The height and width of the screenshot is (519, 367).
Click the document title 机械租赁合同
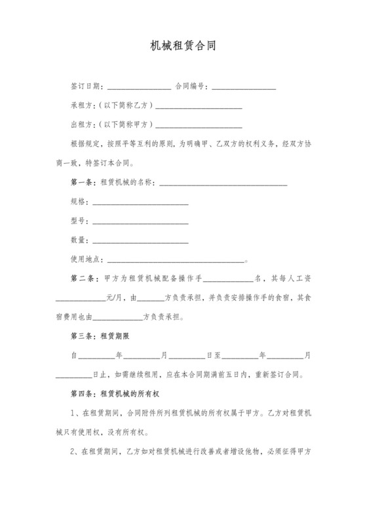point(183,47)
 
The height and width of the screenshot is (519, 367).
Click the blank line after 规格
point(140,203)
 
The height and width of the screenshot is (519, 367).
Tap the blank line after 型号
point(140,222)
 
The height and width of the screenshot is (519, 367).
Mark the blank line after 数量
point(140,241)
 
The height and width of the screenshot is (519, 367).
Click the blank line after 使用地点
point(174,260)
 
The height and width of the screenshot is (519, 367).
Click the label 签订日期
point(85,86)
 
